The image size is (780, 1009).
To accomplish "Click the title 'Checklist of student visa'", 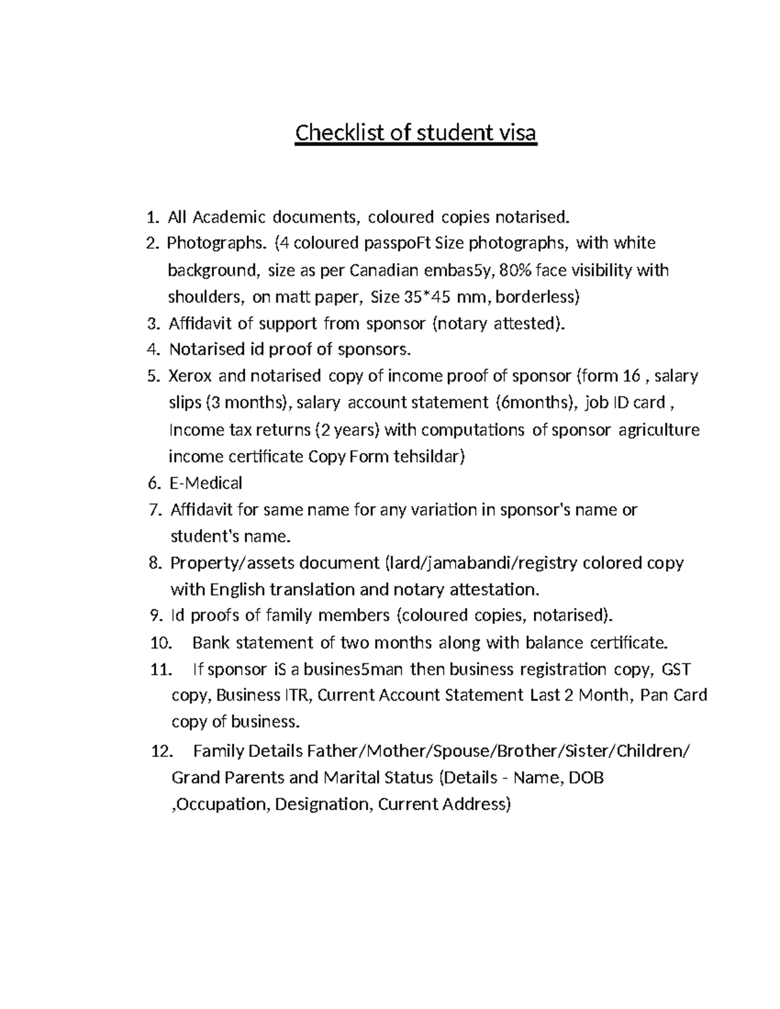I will point(416,133).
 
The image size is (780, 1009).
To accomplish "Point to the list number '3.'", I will point(153,324).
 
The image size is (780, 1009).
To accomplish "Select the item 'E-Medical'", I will point(205,483).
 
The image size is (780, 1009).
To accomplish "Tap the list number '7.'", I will point(154,510).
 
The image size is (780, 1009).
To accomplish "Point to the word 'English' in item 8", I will point(237,589).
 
